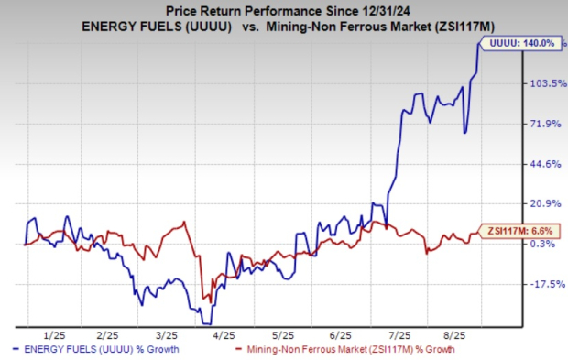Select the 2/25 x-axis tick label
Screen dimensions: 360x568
click(x=110, y=335)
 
